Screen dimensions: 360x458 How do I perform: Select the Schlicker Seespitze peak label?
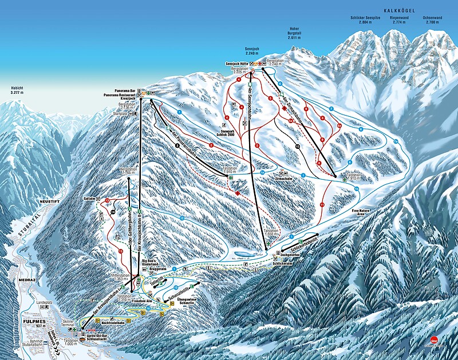[x=362, y=19]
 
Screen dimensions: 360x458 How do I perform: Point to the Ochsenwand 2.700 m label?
[x=433, y=19]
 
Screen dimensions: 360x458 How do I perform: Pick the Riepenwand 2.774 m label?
[x=398, y=19]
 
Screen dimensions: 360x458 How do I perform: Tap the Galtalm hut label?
[x=89, y=198]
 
